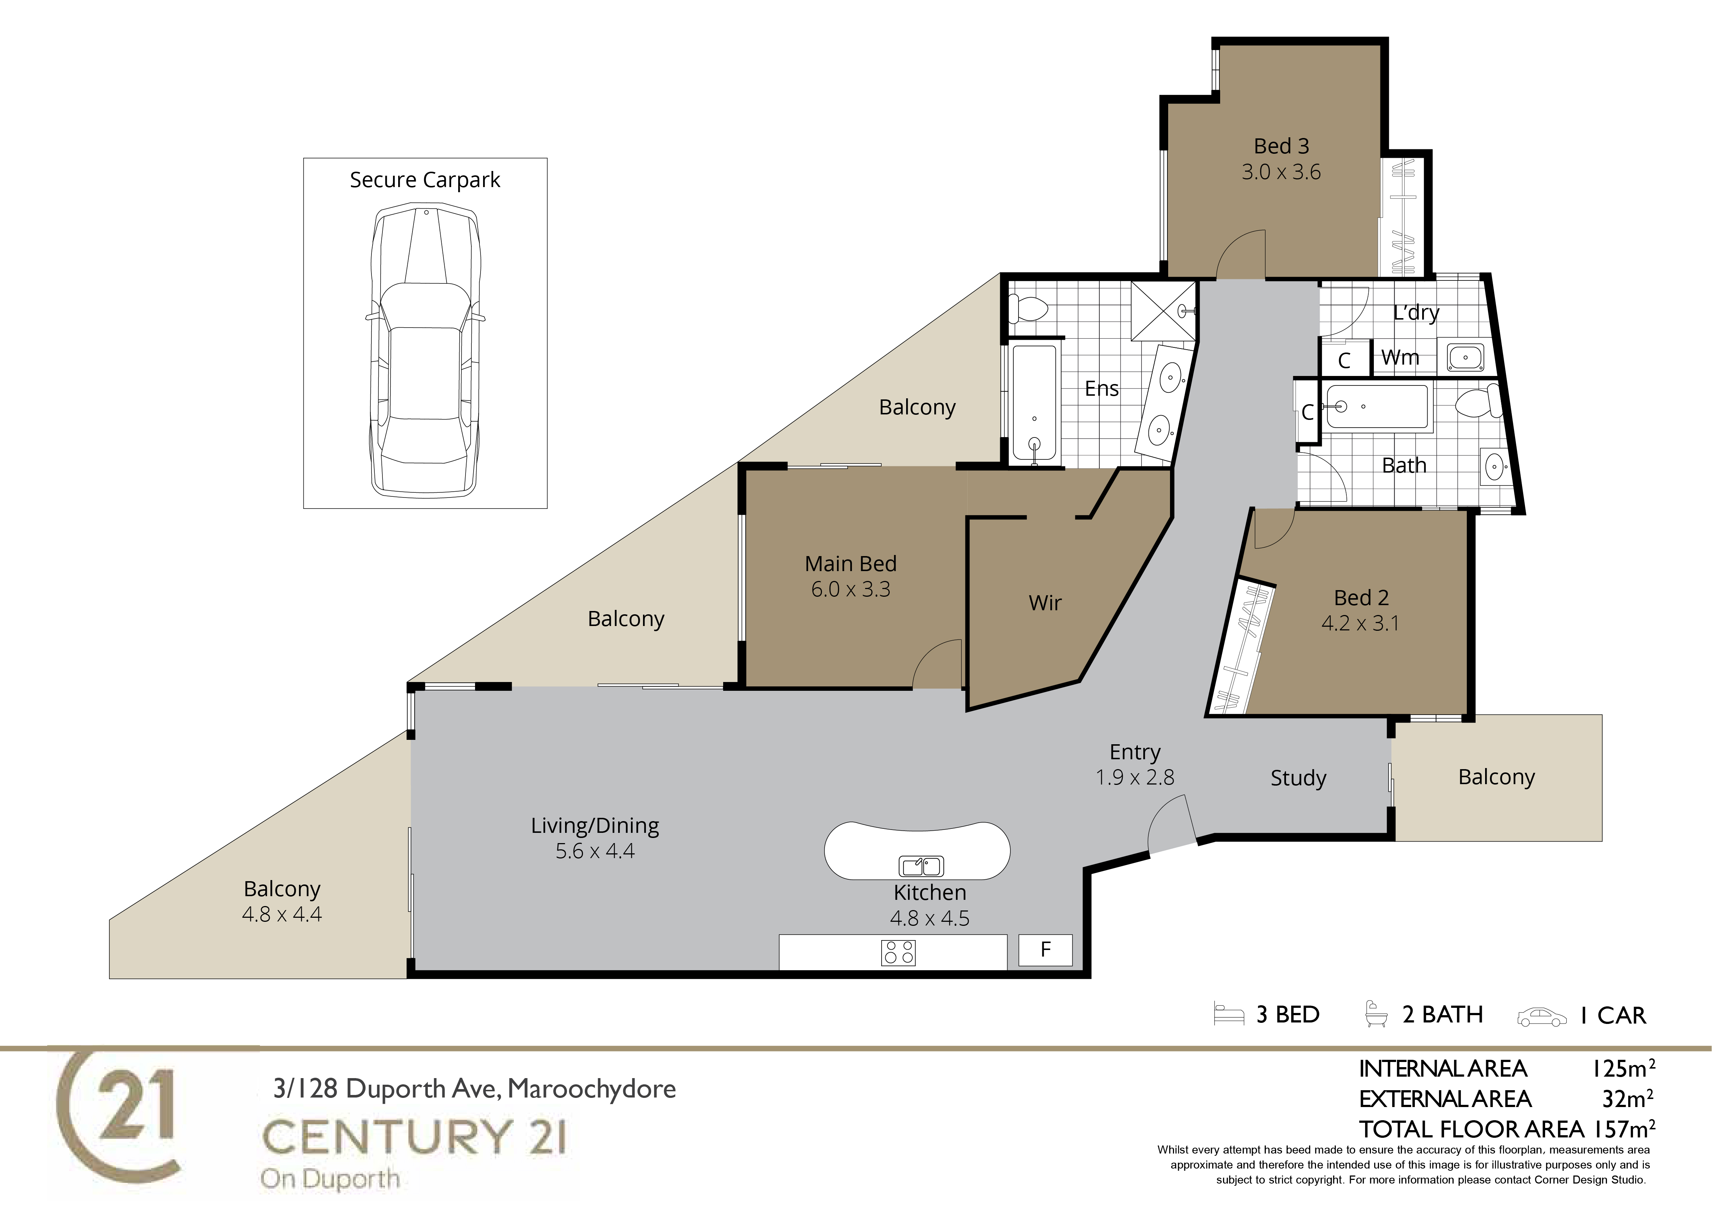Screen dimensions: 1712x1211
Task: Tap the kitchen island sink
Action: (x=922, y=866)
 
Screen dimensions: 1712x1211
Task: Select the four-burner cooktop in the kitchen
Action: (x=898, y=952)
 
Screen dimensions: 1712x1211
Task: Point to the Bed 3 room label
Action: (x=1281, y=146)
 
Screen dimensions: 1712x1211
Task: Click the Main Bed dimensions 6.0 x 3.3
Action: (x=851, y=589)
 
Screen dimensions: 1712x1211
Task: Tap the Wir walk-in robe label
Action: (x=1046, y=603)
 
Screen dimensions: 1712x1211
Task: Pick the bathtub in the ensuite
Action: (x=1034, y=403)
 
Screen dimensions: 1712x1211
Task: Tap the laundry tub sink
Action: (x=1465, y=357)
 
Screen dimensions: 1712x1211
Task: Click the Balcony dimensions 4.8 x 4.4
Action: (x=282, y=914)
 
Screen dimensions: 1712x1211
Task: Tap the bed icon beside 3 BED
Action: (x=1229, y=1014)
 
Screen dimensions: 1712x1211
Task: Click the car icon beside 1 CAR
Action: (x=1542, y=1017)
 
